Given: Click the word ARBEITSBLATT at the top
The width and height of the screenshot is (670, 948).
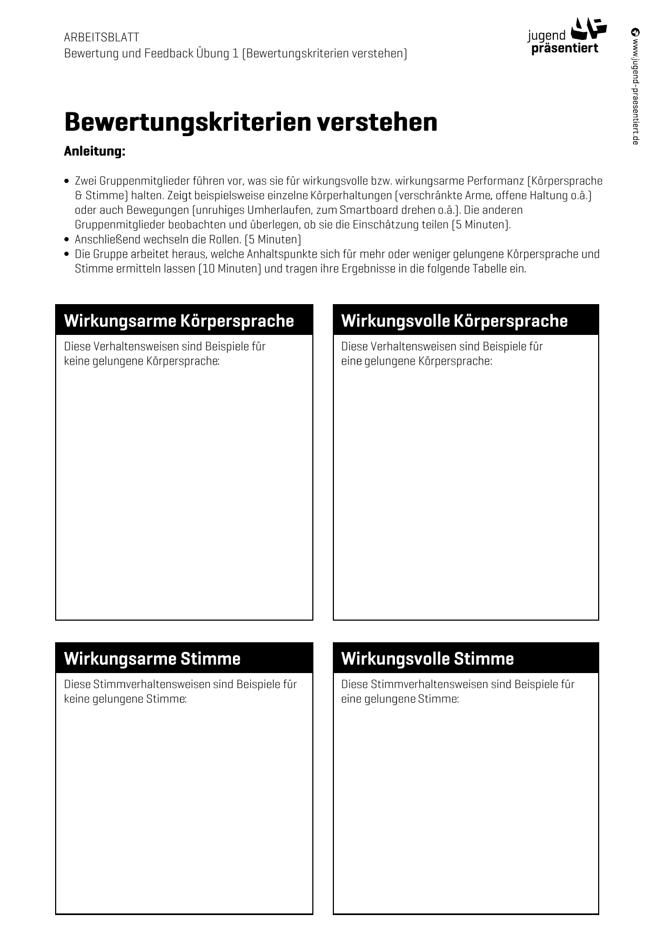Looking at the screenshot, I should coord(102,37).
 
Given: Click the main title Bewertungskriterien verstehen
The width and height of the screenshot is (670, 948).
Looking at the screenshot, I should coord(251,122).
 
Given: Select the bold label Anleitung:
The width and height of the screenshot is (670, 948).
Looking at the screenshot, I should coord(95,151).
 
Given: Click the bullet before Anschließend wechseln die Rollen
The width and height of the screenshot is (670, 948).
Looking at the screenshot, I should coord(66,239).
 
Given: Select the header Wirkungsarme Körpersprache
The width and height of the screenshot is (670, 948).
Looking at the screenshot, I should coord(179,321).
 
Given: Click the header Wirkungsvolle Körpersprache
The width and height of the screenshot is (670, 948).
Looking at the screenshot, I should coord(454,321).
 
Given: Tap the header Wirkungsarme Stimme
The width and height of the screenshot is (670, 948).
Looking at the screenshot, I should coord(152,658).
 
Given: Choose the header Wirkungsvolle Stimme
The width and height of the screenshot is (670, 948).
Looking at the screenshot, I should coord(427,658).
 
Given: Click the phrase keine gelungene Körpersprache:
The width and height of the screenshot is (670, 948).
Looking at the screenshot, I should coord(142,361).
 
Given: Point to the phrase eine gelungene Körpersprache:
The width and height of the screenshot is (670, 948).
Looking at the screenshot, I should coord(417,361).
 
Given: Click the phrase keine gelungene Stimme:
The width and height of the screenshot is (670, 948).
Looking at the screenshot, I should coord(125,699).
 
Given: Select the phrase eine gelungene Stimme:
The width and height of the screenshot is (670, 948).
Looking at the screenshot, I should coord(400,699).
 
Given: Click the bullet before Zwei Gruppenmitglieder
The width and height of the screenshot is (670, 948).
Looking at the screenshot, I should coord(66,181).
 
